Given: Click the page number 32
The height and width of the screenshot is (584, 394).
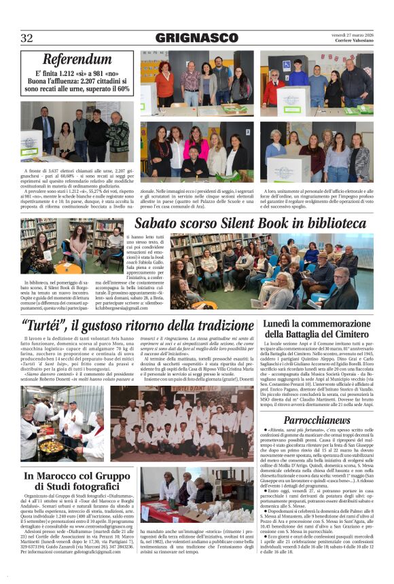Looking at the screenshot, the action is (27, 38).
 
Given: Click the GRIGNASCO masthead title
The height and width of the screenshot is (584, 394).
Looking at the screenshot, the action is (196, 38).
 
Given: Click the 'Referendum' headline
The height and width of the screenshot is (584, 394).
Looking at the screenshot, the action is (77, 59).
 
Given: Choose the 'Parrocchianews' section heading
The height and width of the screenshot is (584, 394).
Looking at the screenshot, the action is (317, 421).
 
